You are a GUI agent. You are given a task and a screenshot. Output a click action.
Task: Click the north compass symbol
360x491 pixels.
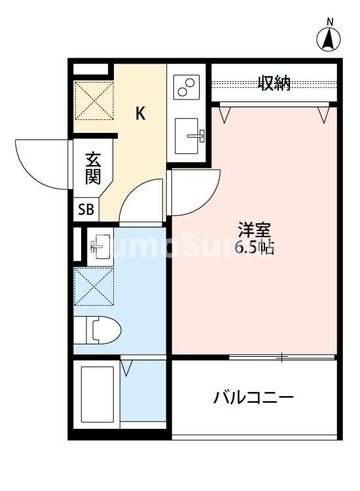click(x=330, y=40)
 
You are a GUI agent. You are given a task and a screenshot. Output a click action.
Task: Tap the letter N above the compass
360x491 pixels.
click(x=331, y=22)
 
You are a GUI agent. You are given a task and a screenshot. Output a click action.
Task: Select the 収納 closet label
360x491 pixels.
click(x=274, y=84)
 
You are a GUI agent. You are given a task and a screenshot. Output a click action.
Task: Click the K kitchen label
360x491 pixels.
click(x=140, y=113)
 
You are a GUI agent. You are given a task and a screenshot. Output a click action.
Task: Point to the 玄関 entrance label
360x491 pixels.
click(x=93, y=168)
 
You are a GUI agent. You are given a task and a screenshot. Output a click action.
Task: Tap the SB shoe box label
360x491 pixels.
click(x=86, y=210)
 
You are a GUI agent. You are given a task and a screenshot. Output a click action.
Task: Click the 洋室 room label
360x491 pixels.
click(x=255, y=230)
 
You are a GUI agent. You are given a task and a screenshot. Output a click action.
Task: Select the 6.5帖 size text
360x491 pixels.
click(x=254, y=248)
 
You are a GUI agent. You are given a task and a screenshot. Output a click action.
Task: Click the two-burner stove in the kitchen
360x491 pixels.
click(x=187, y=86)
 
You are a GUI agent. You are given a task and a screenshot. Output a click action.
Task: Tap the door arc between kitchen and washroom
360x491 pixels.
click(x=141, y=203)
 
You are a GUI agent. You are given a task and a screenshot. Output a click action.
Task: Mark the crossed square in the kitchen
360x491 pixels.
click(x=94, y=100)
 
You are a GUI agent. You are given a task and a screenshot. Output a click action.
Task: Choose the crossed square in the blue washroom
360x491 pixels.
click(x=94, y=287)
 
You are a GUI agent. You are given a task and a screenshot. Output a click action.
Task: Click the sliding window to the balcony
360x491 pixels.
click(x=282, y=357)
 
